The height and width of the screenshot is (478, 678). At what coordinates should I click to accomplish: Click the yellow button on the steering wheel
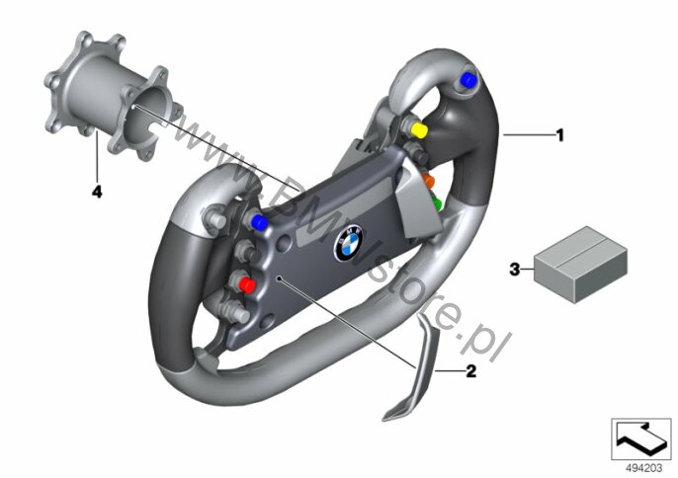(419, 130)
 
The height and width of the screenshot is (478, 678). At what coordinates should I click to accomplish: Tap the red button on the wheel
(247, 285)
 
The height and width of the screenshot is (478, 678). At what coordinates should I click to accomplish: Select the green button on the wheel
(436, 203)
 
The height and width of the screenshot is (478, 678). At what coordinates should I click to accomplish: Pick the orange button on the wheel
(429, 181)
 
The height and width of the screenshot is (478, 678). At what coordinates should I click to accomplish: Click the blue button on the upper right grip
(468, 79)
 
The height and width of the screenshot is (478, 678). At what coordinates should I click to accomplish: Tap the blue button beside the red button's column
(259, 222)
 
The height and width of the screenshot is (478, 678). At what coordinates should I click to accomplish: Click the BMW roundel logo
(349, 243)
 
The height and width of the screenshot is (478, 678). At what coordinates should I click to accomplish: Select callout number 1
(560, 135)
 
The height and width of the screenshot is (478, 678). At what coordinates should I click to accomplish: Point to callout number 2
(470, 370)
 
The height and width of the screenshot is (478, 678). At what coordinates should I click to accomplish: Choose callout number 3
(515, 270)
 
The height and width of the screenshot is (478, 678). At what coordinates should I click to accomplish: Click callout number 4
(97, 191)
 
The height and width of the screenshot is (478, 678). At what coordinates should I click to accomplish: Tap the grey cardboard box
(580, 264)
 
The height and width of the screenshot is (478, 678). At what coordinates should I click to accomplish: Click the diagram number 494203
(644, 468)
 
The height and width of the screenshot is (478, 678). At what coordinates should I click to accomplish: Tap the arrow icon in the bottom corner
(641, 438)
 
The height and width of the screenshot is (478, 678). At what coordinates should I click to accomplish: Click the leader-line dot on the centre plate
(281, 279)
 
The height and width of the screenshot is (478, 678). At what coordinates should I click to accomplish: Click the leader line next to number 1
(529, 135)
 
